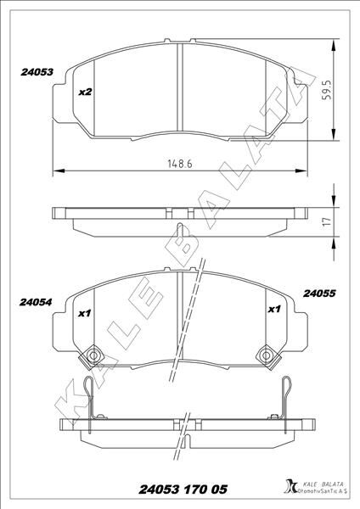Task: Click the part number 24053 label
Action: coord(37,74)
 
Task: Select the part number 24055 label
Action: coord(320,294)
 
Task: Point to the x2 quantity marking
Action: coord(85,92)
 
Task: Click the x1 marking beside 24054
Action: coord(84,313)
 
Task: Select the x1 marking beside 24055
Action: coord(274,310)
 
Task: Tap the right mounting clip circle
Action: coord(267,354)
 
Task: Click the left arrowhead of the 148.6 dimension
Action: coord(57,172)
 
